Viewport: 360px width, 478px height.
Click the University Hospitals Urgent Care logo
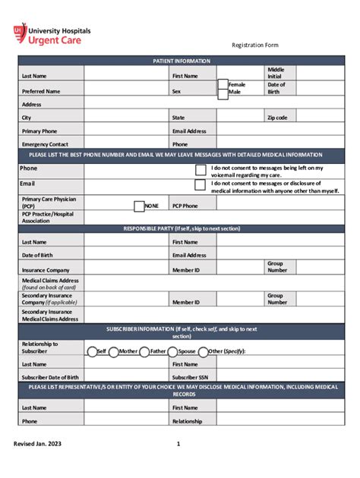[x=52, y=34]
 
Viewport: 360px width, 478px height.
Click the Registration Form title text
[x=254, y=46]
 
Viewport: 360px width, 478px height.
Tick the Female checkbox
[x=223, y=84]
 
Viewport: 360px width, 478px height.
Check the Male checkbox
[x=223, y=94]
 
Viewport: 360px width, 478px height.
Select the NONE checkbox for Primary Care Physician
[x=139, y=206]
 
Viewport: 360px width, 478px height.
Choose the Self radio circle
[x=91, y=351]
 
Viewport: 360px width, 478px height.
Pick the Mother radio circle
[x=113, y=351]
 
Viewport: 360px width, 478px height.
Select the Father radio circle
[x=144, y=351]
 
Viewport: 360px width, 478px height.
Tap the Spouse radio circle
[x=172, y=351]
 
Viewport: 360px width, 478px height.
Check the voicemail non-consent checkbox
[x=201, y=170]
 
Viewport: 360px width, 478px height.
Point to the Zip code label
[x=276, y=118]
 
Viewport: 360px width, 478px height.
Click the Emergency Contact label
[x=45, y=144]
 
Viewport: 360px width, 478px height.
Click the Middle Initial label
[x=276, y=73]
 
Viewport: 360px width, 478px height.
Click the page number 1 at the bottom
[x=178, y=444]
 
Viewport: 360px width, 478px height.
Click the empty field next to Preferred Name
[x=126, y=90]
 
